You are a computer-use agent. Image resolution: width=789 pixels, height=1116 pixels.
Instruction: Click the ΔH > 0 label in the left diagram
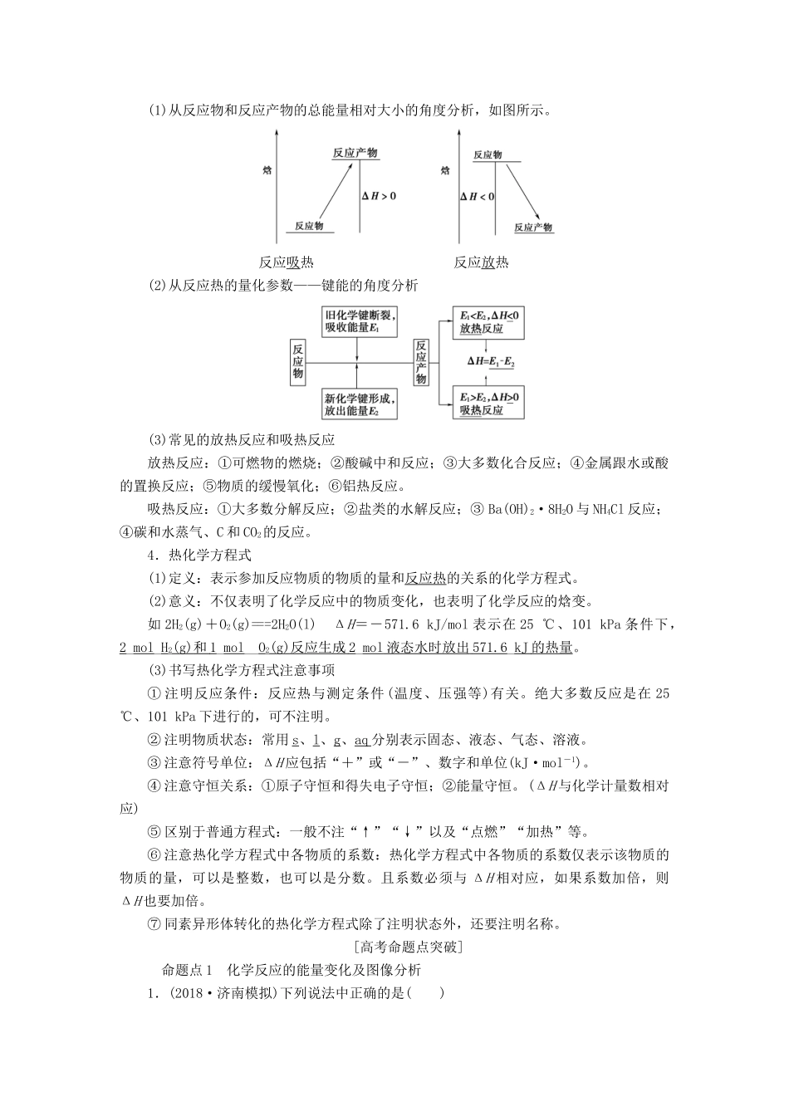click(379, 196)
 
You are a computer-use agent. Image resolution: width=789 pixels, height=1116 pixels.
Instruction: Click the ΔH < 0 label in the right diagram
click(477, 197)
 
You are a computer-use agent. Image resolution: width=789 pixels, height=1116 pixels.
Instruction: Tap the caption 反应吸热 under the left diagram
click(286, 262)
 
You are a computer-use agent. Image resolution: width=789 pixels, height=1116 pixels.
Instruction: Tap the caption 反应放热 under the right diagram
click(481, 262)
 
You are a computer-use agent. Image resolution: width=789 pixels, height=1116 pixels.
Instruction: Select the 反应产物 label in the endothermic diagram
click(355, 153)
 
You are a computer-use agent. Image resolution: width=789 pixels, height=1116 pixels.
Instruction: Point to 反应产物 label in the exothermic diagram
click(533, 228)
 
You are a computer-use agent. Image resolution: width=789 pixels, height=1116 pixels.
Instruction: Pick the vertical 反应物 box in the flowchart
click(297, 362)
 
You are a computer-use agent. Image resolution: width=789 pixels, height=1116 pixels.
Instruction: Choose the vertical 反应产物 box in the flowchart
click(421, 362)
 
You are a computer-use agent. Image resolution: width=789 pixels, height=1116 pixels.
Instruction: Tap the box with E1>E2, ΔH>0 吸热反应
click(490, 404)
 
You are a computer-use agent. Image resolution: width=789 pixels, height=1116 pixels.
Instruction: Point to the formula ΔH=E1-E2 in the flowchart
click(490, 362)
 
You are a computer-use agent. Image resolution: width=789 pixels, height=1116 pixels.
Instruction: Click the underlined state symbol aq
click(362, 740)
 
